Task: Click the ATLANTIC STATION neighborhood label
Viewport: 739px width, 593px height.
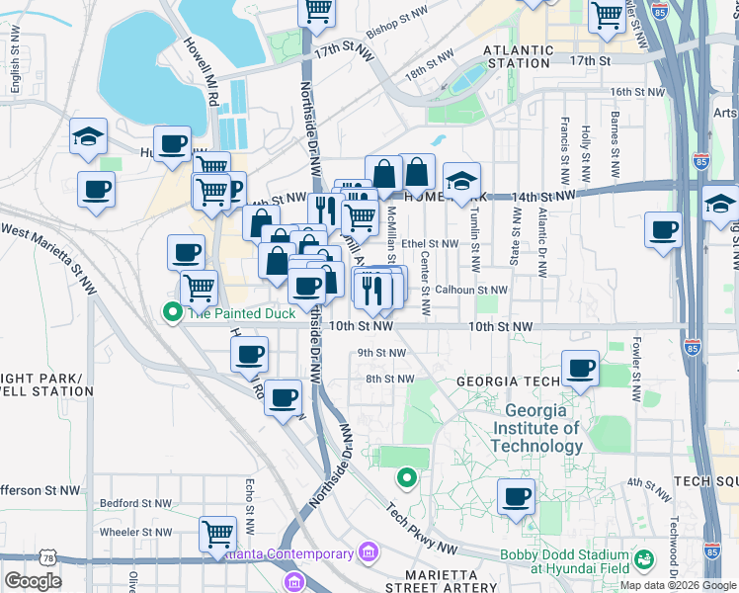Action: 519,56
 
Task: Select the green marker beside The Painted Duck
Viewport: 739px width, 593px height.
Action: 173,313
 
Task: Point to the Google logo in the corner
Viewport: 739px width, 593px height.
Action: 33,581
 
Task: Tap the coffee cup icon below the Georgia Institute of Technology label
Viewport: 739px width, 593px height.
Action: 515,496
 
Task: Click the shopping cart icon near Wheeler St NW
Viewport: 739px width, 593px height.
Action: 217,534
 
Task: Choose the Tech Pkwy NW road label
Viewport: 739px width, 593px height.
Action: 422,532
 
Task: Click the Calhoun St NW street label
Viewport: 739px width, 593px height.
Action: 471,291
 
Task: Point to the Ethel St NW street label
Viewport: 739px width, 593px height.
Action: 429,243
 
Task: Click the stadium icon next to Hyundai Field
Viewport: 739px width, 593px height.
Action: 644,560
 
